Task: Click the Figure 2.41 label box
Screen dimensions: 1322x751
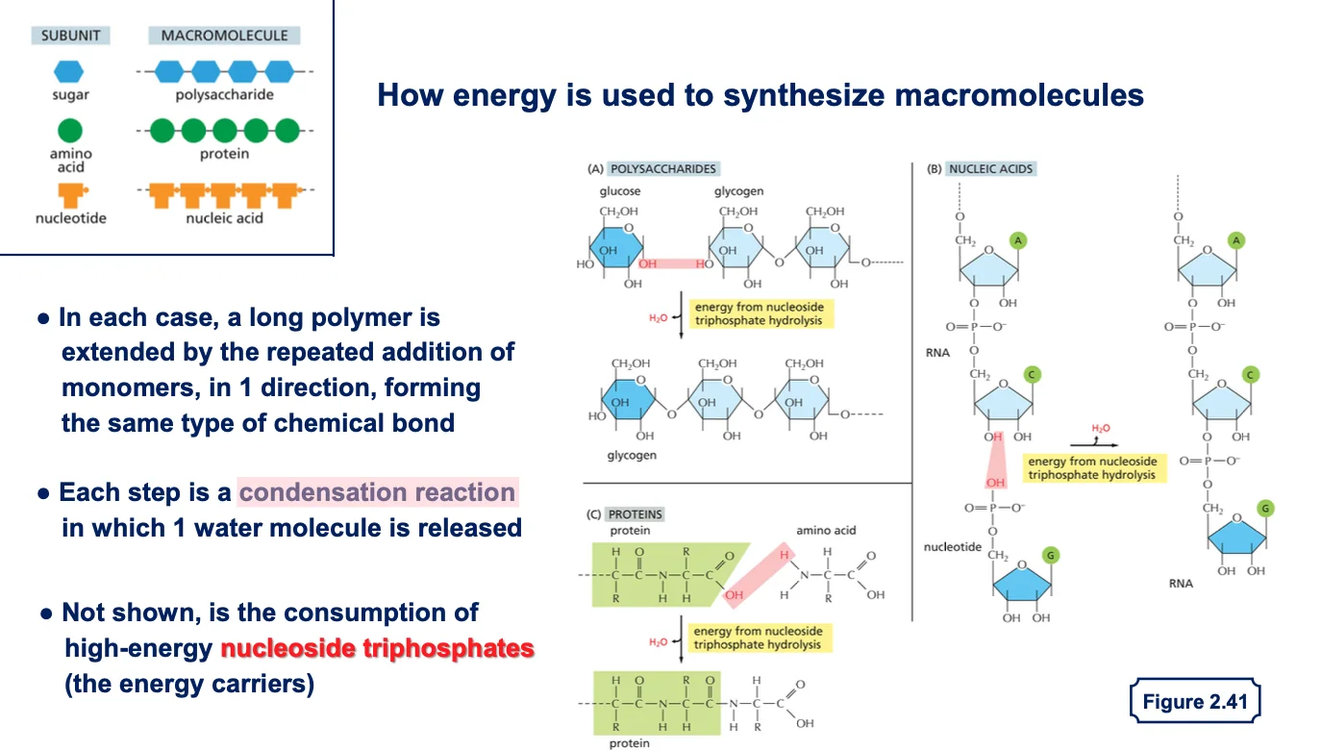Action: [x=1195, y=701]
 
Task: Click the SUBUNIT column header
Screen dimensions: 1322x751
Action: [x=70, y=36]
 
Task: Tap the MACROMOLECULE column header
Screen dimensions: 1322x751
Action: [x=224, y=36]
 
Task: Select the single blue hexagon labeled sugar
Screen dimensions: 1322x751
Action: [x=69, y=71]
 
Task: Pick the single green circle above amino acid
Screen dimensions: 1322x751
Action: [x=70, y=131]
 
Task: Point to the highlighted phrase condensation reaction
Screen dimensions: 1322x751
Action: [x=378, y=492]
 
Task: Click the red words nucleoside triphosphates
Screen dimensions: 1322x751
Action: [x=377, y=648]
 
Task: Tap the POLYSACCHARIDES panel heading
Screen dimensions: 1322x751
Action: [x=662, y=169]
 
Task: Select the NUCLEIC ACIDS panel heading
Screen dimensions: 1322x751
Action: [x=991, y=169]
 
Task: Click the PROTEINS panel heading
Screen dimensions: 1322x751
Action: [x=635, y=514]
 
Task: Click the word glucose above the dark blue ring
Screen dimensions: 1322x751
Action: [x=620, y=191]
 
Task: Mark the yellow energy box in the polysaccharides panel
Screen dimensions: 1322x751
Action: [x=761, y=313]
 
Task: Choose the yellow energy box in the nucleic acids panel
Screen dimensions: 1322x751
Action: [x=1094, y=468]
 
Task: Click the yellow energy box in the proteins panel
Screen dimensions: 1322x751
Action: [x=760, y=638]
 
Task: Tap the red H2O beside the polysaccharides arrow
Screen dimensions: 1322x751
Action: [x=658, y=318]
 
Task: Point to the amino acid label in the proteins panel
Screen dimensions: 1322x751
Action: [x=826, y=530]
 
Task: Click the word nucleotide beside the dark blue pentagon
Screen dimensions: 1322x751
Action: [x=952, y=547]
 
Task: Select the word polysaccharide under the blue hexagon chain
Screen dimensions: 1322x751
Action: [x=224, y=95]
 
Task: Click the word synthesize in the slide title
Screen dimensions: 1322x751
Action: [x=805, y=95]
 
